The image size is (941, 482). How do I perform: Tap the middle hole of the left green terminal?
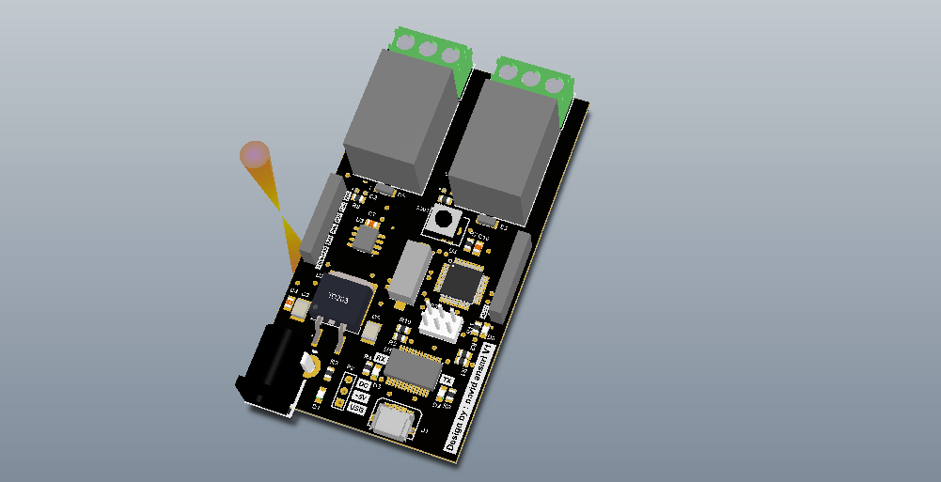coord(429,48)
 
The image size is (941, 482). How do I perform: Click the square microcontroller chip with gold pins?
coord(462,280)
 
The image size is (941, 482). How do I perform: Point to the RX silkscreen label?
coord(381,358)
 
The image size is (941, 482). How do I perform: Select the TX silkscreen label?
coord(447,380)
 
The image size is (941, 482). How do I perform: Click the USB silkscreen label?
coord(357,409)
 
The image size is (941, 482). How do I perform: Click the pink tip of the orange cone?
coord(254,153)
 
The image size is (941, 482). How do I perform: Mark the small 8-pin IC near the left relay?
coord(364,237)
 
